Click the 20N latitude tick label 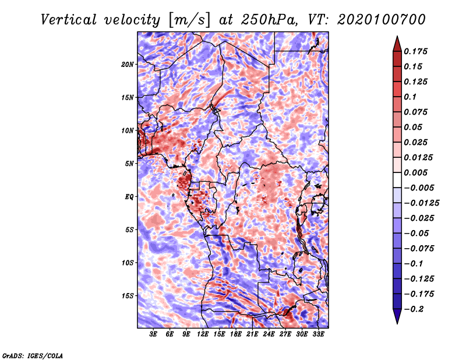click(128, 64)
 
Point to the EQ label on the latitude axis click(129, 197)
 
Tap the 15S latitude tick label click(128, 296)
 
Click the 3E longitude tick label click(154, 334)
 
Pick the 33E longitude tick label click(318, 334)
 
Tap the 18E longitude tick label click(236, 334)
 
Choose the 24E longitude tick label click(269, 334)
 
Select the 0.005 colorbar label click(417, 173)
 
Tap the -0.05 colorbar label click(415, 233)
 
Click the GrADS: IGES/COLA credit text click(33, 355)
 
